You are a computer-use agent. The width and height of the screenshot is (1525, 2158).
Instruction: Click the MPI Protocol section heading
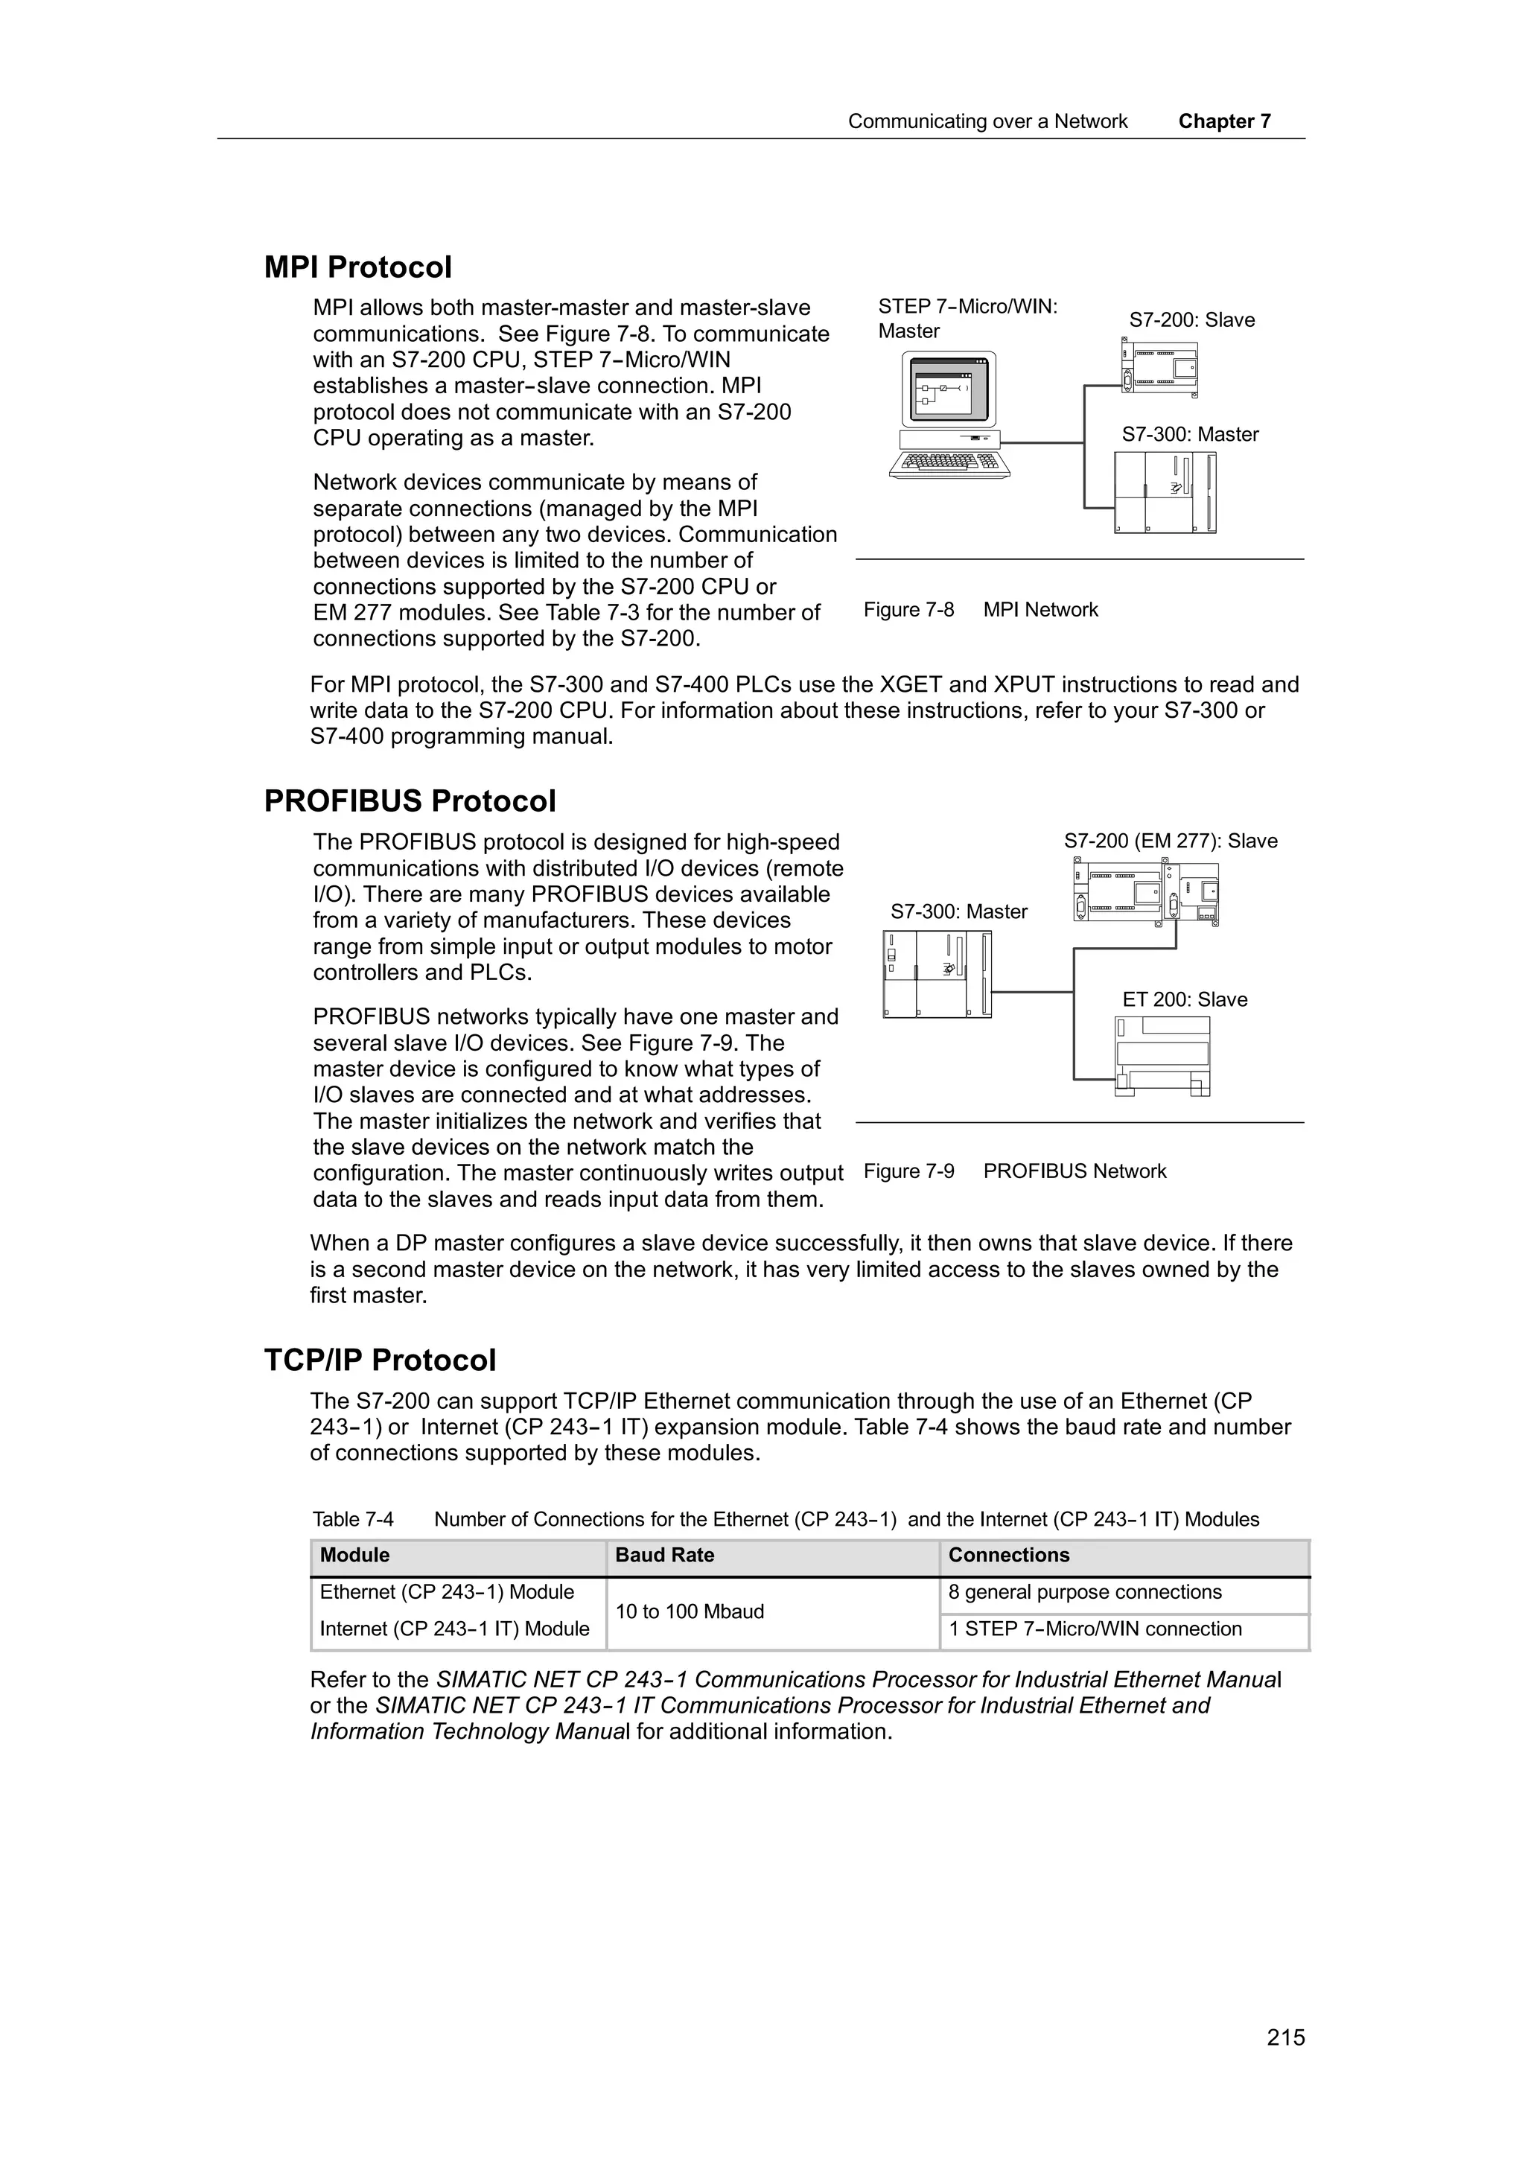pyautogui.click(x=358, y=268)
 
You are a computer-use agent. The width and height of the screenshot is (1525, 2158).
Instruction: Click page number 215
pyautogui.click(x=1285, y=2037)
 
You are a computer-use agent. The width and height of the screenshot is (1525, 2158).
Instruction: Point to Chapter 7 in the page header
pyautogui.click(x=1224, y=121)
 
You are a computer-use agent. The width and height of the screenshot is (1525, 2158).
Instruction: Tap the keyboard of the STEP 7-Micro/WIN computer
pyautogui.click(x=949, y=463)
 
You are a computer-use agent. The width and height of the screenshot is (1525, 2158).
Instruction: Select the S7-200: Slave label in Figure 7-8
pyautogui.click(x=1191, y=320)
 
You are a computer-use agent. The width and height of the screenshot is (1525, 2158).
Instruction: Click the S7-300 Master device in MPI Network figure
pyautogui.click(x=1165, y=492)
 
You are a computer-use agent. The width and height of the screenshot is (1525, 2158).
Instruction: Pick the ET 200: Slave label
pyautogui.click(x=1184, y=1000)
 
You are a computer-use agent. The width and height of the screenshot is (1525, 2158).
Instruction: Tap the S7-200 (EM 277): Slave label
pyautogui.click(x=1171, y=841)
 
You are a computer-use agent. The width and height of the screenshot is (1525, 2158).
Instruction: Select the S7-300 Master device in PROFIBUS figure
pyautogui.click(x=937, y=974)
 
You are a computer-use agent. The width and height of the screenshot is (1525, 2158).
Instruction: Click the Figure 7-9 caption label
pyautogui.click(x=908, y=1171)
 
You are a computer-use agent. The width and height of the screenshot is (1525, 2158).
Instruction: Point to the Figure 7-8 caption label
pyautogui.click(x=908, y=610)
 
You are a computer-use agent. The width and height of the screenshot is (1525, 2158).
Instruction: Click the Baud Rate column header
pyautogui.click(x=664, y=1556)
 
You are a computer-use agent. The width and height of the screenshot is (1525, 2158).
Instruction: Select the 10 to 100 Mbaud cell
pyautogui.click(x=690, y=1612)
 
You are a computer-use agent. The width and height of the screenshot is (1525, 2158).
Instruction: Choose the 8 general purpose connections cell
pyautogui.click(x=1084, y=1592)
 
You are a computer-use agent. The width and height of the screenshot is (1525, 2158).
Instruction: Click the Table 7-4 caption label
pyautogui.click(x=353, y=1520)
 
